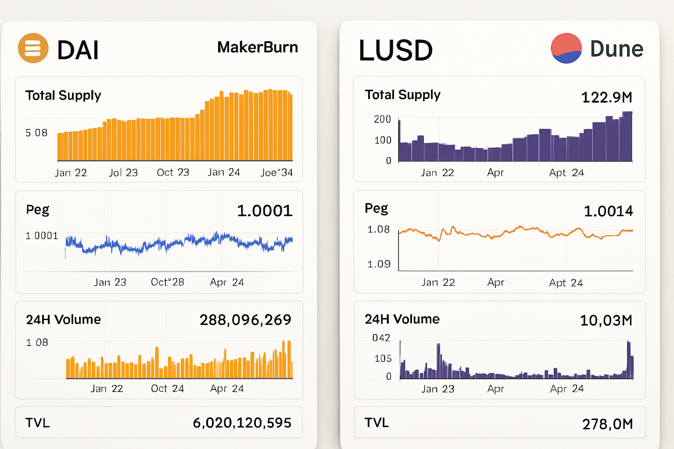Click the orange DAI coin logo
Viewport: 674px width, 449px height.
click(x=33, y=48)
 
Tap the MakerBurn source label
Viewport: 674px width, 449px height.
click(x=258, y=47)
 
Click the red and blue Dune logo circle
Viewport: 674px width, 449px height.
click(x=566, y=48)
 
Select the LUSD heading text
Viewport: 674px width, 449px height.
click(x=396, y=50)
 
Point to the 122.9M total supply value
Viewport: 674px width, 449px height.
click(x=606, y=97)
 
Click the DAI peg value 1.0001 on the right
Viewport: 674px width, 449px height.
click(x=265, y=211)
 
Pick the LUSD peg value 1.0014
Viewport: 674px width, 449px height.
click(x=608, y=211)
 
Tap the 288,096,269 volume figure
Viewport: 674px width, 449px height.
click(x=245, y=320)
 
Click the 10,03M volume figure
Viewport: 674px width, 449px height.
click(x=606, y=321)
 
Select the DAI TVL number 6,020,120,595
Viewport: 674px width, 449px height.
click(x=242, y=423)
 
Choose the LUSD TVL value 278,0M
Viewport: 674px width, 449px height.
click(x=607, y=424)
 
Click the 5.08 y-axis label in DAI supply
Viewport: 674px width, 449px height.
click(x=36, y=133)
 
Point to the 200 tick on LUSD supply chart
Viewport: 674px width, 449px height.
click(x=382, y=119)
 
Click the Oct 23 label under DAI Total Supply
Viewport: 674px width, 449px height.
click(x=173, y=172)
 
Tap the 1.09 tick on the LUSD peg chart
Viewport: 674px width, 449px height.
click(x=379, y=264)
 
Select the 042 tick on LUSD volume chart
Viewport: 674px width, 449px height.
click(x=381, y=338)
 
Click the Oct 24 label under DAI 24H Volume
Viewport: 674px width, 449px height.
click(x=167, y=388)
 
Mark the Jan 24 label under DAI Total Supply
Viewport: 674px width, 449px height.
click(x=224, y=172)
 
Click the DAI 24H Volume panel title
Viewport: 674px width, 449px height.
click(x=63, y=320)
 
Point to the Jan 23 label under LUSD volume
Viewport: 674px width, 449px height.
click(x=437, y=389)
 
